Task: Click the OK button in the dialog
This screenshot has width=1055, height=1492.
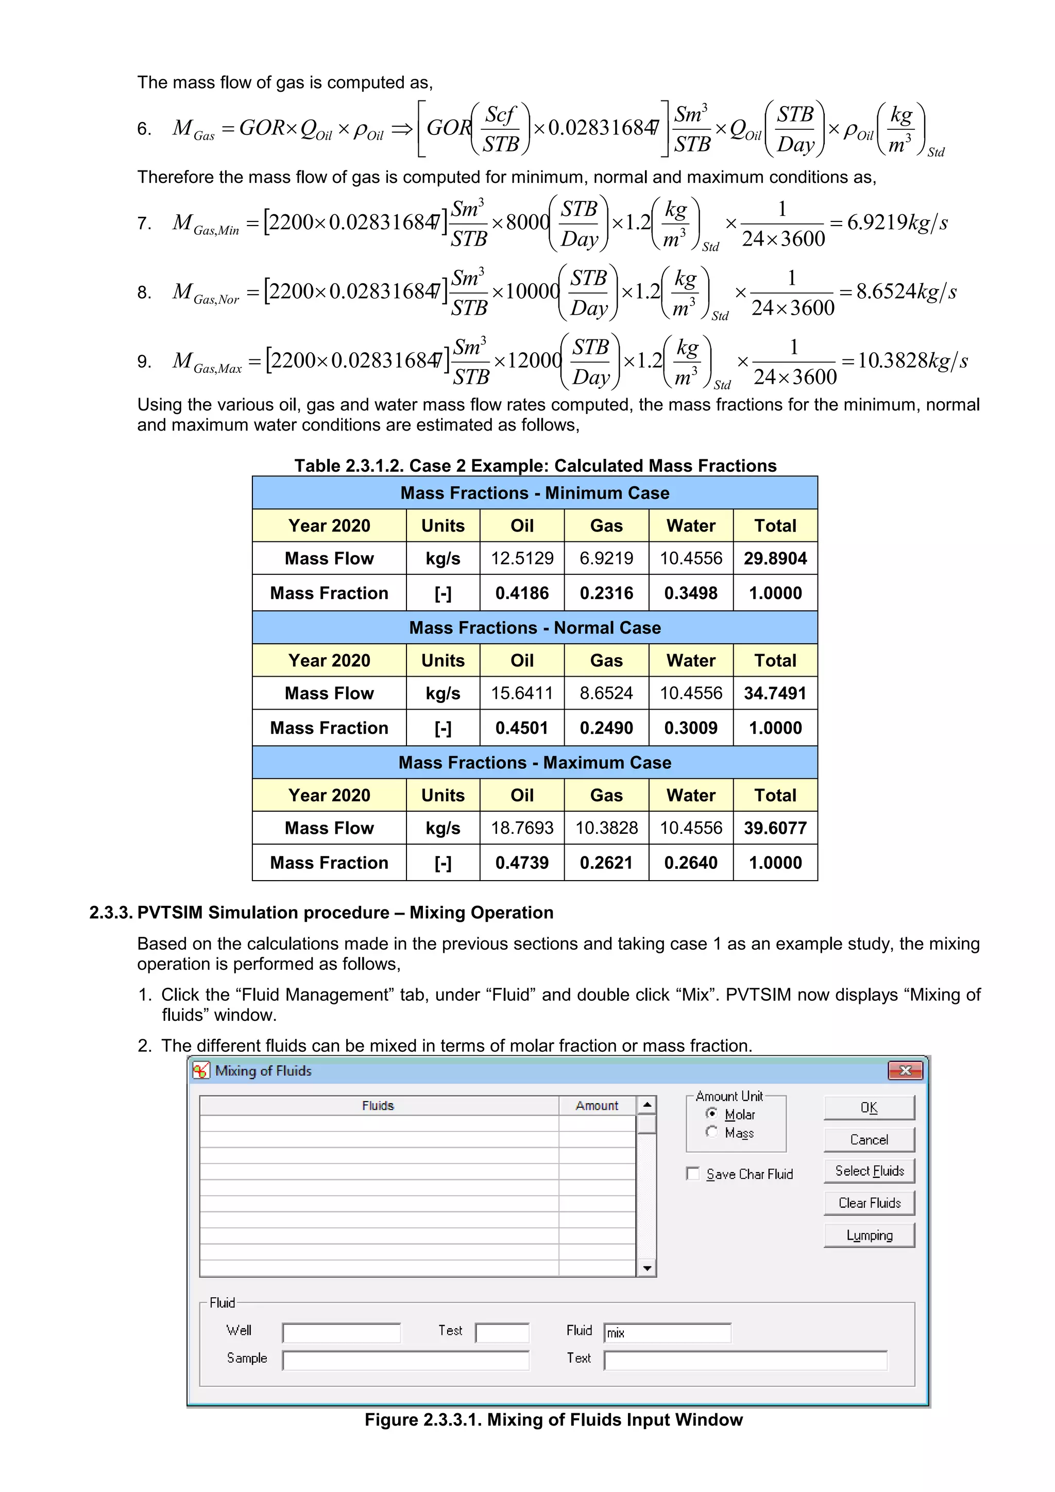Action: [869, 1108]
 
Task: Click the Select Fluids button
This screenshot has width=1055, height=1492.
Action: [869, 1171]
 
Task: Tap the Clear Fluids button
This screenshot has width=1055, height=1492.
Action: [869, 1203]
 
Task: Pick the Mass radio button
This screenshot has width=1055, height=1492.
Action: [712, 1132]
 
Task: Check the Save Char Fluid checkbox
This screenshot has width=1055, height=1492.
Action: [693, 1174]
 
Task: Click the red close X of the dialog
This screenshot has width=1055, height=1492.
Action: [905, 1070]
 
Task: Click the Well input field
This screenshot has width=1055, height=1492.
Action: [341, 1333]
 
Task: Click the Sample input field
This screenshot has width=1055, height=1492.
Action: [405, 1360]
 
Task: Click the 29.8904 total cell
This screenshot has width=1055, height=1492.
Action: [775, 558]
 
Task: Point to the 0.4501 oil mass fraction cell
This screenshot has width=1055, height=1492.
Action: [521, 728]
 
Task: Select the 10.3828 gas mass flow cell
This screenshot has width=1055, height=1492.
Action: [606, 828]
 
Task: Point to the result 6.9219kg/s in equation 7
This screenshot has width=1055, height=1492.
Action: [896, 223]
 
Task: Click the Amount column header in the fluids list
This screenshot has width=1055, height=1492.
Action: [596, 1105]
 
